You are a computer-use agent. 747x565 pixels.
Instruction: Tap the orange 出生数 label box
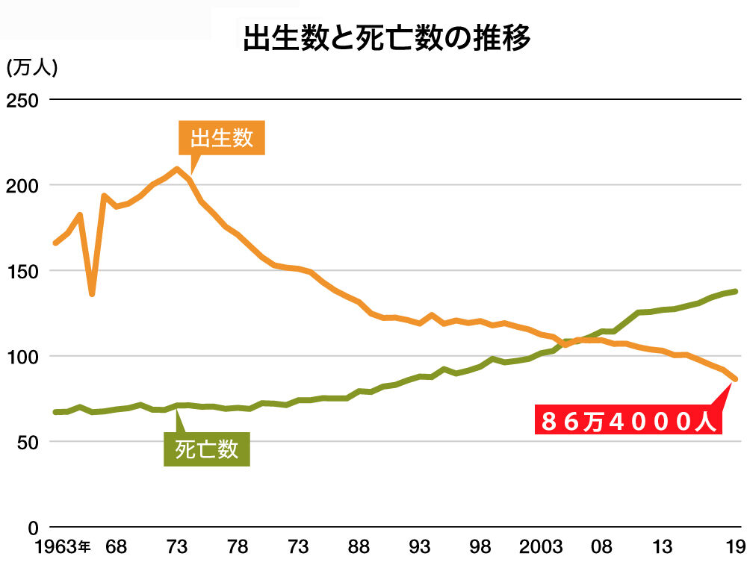[222, 138]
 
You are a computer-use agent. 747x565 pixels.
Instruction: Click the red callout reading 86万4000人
[629, 422]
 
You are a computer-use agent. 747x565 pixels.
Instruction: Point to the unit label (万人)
[31, 67]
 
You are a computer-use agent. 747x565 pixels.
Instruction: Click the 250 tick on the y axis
[22, 99]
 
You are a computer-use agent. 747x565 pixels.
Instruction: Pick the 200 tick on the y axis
[22, 185]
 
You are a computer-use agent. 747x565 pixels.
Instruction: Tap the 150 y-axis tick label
[22, 270]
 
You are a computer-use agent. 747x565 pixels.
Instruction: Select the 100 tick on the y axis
[22, 356]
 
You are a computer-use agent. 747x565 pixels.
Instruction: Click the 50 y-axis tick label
[27, 442]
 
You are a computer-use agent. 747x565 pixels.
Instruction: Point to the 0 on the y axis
[32, 527]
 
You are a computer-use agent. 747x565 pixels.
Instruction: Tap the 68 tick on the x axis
[116, 548]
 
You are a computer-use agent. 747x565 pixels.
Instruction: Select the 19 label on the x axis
[735, 548]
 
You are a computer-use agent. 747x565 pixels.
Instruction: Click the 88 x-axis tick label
[359, 548]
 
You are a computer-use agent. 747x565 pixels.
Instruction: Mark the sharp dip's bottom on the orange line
[92, 294]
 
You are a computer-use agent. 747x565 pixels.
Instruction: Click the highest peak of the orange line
[177, 169]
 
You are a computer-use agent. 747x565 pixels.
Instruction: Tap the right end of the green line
[735, 291]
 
